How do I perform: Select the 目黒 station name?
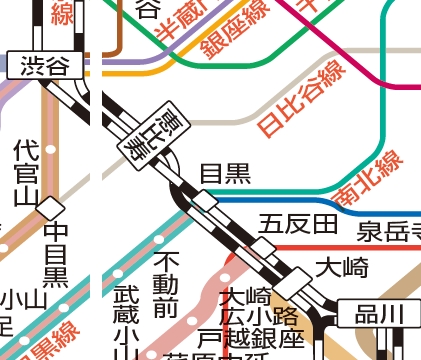point(225,173)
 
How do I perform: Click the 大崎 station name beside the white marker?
point(342,267)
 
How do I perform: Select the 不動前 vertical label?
point(164,286)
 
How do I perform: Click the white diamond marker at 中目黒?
point(52,207)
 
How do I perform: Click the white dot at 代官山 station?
point(51,151)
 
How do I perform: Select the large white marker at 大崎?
point(301,278)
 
